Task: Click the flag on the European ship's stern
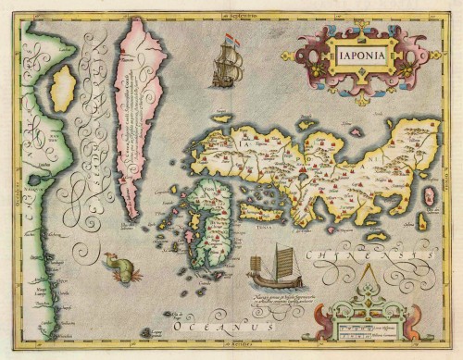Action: [x=234, y=41]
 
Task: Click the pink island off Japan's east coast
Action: [x=429, y=196]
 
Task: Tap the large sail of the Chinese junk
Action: [x=282, y=258]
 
